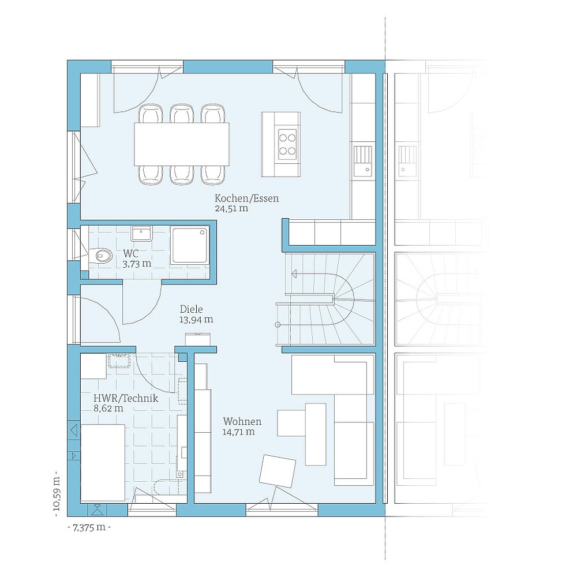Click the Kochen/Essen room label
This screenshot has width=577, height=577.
pos(246,198)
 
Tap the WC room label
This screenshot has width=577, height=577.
pos(131,253)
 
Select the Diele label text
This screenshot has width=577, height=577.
pos(192,309)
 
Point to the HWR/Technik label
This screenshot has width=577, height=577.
pos(126,398)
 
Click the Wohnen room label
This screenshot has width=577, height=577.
pos(242,421)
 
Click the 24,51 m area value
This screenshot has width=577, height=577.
pos(231,208)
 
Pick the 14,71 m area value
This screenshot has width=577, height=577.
pos(238,432)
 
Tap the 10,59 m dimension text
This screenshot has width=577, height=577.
pos(57,494)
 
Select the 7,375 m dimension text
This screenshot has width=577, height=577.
pos(89,528)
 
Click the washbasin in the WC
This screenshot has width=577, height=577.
pos(141,233)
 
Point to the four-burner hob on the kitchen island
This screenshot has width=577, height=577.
pos(287,144)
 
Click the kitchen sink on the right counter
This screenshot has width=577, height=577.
pos(363,160)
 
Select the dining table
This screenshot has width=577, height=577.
pos(182,144)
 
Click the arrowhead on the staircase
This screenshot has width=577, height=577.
pos(294,274)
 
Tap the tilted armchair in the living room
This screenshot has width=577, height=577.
pos(278,471)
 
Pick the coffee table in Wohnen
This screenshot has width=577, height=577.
pos(316,434)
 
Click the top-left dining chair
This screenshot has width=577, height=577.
pos(151,114)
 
